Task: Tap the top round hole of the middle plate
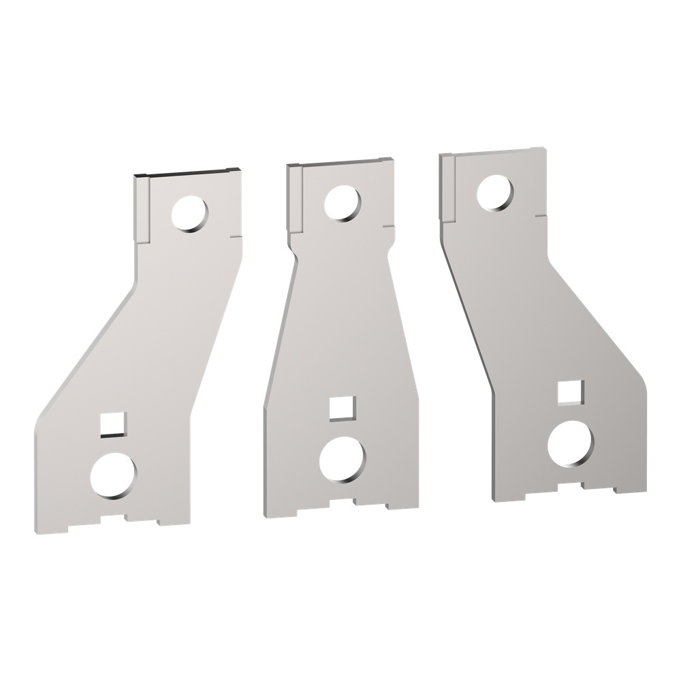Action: click(343, 203)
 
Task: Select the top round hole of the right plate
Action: click(494, 192)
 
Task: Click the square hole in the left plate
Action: click(110, 423)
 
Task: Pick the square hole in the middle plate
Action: click(338, 408)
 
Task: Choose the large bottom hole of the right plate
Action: click(571, 445)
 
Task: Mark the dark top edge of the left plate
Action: click(187, 172)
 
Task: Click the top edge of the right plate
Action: click(493, 151)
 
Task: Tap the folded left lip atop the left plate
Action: click(141, 208)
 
